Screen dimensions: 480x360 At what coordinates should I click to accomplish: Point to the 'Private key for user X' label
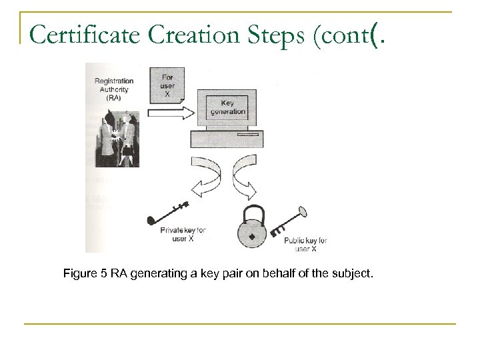pyautogui.click(x=183, y=235)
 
